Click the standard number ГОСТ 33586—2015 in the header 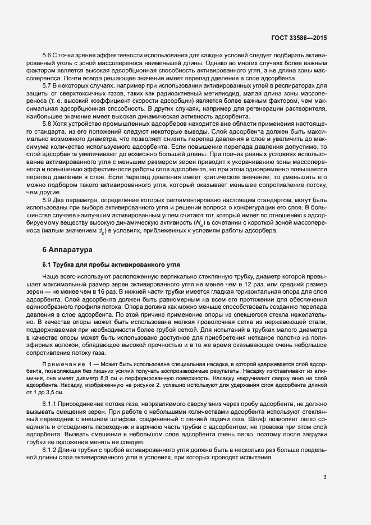coord(299,38)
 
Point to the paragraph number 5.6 coord(48,54)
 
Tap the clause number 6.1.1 coord(51,404)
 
